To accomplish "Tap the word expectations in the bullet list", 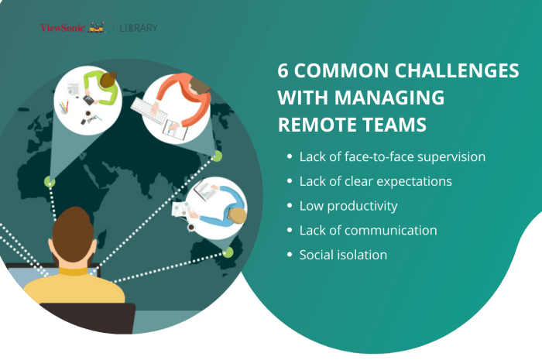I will pyautogui.click(x=414, y=182).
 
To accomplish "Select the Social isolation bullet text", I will pyautogui.click(x=343, y=254).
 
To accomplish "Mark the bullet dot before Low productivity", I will pyautogui.click(x=290, y=207).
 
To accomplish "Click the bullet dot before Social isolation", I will pyautogui.click(x=290, y=255).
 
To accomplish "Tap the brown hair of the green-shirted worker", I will pyautogui.click(x=108, y=80).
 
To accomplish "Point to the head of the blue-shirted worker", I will pyautogui.click(x=238, y=214).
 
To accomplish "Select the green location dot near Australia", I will pyautogui.click(x=227, y=252).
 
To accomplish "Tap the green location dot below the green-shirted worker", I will pyautogui.click(x=50, y=182).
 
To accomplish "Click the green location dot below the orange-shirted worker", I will pyautogui.click(x=217, y=156).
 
